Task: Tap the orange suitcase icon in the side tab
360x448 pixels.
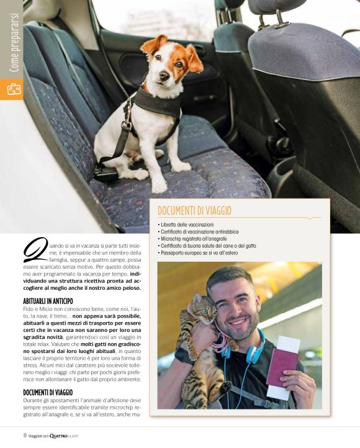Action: tap(12, 89)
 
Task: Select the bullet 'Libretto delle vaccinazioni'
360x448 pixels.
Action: tap(186, 224)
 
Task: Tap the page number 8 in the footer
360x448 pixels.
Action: tap(25, 435)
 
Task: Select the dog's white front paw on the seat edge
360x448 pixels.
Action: tap(160, 184)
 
